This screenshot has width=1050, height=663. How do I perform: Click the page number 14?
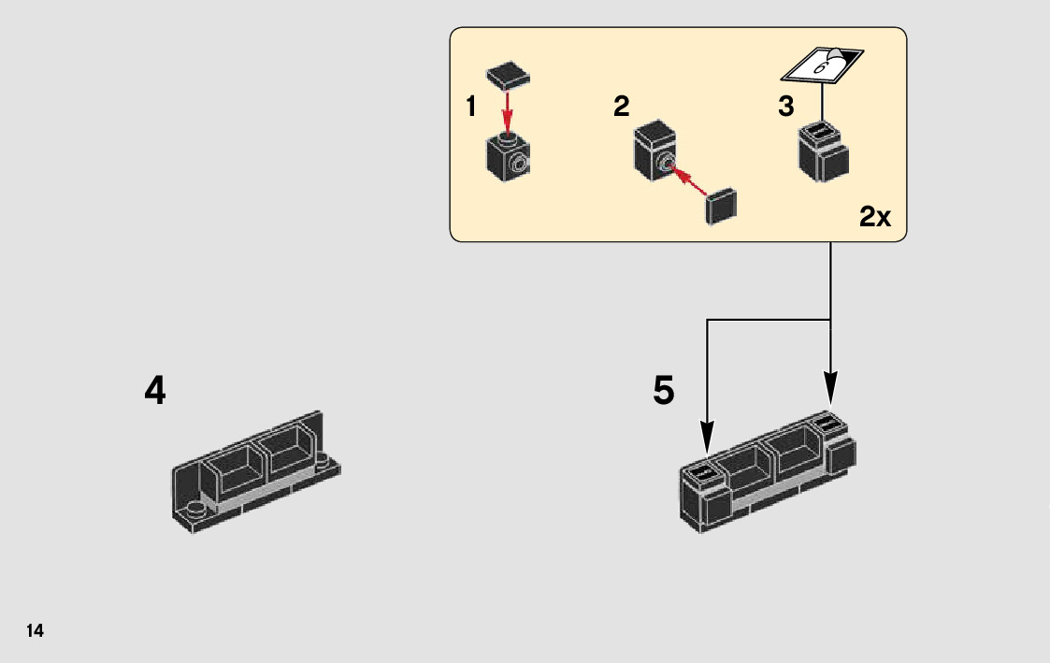tap(35, 630)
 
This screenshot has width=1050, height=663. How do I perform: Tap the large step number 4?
tap(154, 390)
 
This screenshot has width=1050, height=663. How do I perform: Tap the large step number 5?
tap(664, 390)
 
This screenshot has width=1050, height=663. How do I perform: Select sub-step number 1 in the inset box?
tap(471, 107)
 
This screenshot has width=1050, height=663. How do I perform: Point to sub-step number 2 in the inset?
tap(622, 107)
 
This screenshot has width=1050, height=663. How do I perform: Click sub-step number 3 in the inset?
tap(786, 107)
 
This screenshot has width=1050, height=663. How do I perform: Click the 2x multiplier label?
tap(875, 216)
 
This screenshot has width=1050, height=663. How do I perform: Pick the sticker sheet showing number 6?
tap(823, 65)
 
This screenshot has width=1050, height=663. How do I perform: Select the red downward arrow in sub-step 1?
tap(508, 112)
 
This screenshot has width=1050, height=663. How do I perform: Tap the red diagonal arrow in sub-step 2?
tap(687, 180)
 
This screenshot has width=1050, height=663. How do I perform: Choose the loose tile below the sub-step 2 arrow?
tap(721, 206)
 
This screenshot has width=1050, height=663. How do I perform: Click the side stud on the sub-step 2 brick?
tap(664, 162)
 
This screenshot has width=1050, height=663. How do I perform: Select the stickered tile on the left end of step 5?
tap(703, 471)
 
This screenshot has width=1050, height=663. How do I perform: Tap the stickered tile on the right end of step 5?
tap(825, 424)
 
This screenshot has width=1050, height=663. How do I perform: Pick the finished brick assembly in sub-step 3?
tap(824, 151)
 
